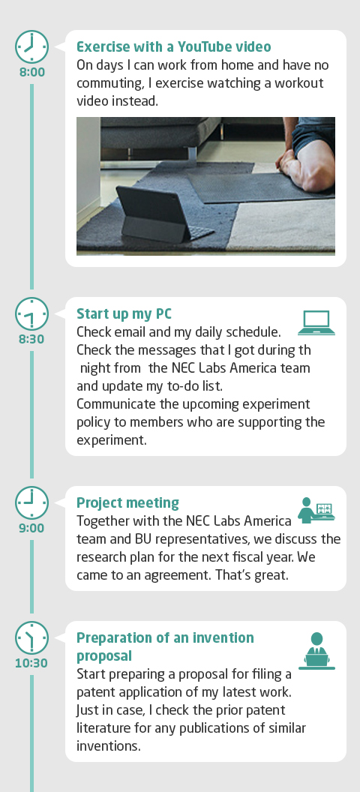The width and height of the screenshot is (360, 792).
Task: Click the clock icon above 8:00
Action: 31,47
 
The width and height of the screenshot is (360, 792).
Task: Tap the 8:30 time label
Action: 31,340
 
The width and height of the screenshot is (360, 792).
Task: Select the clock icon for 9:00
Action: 31,503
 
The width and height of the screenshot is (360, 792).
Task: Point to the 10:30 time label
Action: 31,663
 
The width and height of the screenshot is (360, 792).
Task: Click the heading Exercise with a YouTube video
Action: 174,47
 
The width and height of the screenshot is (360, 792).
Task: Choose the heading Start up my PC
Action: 124,314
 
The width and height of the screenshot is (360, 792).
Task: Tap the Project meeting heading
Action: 127,503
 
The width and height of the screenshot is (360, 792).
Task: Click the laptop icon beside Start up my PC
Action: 316,322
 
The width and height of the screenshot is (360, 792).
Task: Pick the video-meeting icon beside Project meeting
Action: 316,510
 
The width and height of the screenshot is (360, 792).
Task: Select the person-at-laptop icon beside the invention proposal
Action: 316,650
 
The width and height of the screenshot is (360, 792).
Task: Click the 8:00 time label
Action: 32,72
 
